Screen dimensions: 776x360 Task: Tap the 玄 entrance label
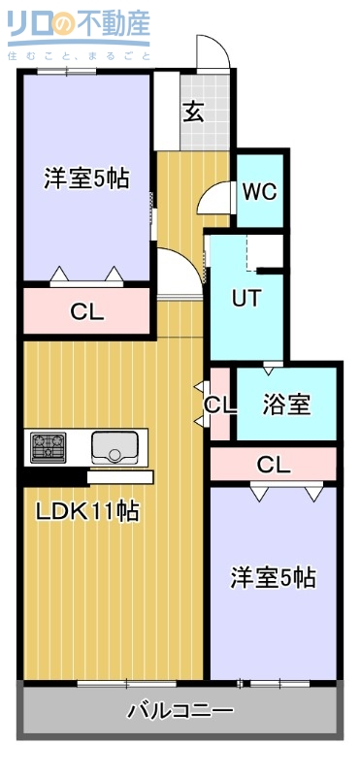click(x=193, y=112)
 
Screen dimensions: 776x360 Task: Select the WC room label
click(x=259, y=191)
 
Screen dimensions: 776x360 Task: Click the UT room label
click(x=245, y=298)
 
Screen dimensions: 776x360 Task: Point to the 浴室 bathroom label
click(x=286, y=404)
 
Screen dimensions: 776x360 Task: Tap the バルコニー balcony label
click(x=180, y=711)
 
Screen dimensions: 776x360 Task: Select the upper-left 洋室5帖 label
click(x=86, y=178)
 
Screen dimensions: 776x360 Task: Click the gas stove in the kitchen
click(x=48, y=447)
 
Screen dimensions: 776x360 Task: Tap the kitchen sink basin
click(x=116, y=448)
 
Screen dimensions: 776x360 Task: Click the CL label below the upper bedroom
click(x=86, y=312)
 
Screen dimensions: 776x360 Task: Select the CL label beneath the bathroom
click(x=273, y=465)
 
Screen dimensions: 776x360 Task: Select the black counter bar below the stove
click(x=53, y=476)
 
